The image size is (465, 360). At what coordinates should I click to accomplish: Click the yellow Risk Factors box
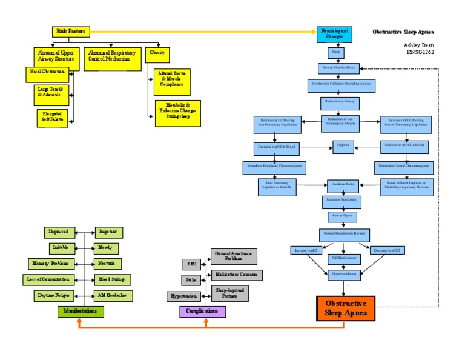point(71,31)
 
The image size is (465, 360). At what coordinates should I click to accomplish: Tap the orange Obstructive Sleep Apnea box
point(345,308)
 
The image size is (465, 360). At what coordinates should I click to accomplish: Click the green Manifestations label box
point(81,312)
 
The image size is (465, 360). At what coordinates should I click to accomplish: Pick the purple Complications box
point(203,312)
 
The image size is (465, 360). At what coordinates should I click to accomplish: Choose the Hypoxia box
point(343,146)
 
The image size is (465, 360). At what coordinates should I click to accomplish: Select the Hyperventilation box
point(343,273)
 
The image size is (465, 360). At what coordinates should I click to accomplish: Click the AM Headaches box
point(113,296)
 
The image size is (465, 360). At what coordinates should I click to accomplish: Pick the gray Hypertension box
point(183,296)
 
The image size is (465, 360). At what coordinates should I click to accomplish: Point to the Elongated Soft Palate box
point(52,116)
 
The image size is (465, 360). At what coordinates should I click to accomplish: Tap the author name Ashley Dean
point(418,45)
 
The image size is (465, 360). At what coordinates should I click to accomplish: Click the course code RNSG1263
point(420,52)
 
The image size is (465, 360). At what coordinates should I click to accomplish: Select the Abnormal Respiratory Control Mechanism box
point(111,56)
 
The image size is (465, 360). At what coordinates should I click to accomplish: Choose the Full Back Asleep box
point(343,258)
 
